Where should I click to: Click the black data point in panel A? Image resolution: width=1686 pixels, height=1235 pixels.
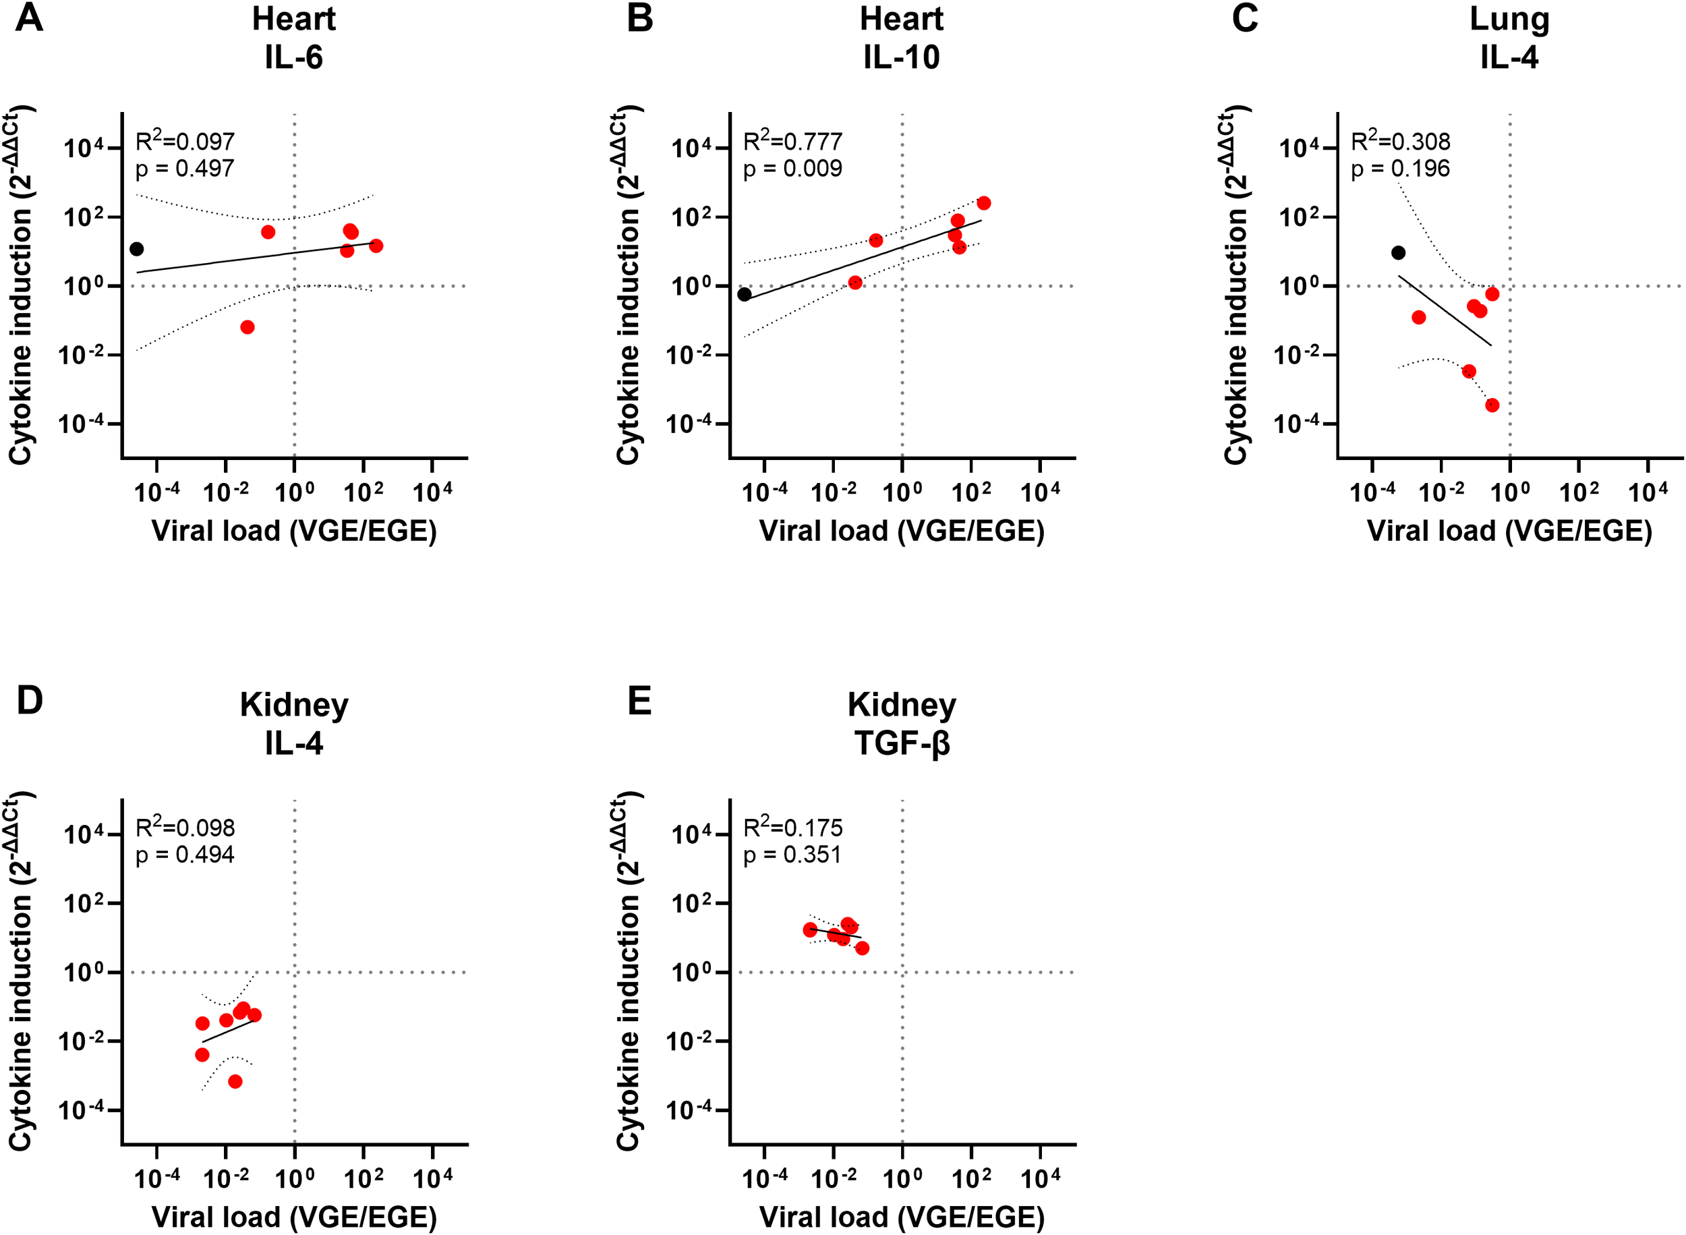point(136,249)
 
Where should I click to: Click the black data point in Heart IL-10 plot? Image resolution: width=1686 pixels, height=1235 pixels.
point(744,294)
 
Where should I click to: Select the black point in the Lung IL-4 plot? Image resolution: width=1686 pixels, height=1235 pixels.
point(1397,253)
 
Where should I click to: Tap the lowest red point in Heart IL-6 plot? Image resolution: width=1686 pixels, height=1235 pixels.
point(248,326)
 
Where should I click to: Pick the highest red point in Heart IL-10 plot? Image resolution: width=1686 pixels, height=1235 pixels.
point(983,203)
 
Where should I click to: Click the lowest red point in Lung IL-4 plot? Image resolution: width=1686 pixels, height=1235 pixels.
point(1492,405)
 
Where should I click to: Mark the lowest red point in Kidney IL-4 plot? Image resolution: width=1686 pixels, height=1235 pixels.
point(235,1081)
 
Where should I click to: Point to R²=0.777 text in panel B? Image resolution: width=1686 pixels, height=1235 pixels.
point(792,140)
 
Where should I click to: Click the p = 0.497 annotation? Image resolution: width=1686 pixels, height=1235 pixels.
point(185,168)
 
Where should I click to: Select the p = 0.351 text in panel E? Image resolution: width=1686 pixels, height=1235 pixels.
point(792,855)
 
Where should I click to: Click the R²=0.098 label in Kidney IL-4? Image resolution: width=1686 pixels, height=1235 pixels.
point(185,827)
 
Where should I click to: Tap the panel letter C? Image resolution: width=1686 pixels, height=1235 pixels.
point(1244,18)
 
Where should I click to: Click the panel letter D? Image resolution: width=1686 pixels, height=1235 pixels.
point(29,701)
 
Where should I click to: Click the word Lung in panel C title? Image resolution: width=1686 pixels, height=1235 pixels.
point(1509,19)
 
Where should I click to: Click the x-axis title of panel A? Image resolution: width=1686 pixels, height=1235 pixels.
point(294,531)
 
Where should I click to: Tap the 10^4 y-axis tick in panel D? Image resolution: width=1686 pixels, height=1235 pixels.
point(82,834)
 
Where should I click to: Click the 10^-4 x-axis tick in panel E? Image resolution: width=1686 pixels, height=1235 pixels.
point(765,1179)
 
